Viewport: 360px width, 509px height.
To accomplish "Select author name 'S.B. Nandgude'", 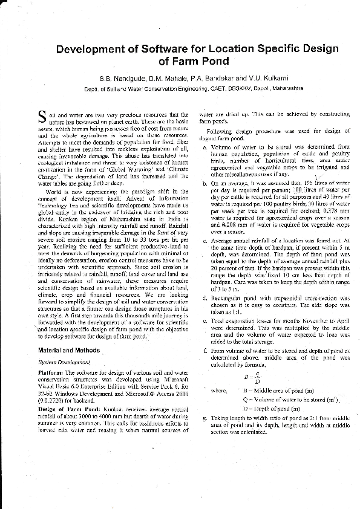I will click(119, 78).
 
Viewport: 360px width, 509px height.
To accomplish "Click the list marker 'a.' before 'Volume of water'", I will click(205, 146).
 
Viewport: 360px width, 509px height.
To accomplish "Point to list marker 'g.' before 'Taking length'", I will click(205, 418).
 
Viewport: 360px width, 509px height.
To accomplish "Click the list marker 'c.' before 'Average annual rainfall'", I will click(205, 240).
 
